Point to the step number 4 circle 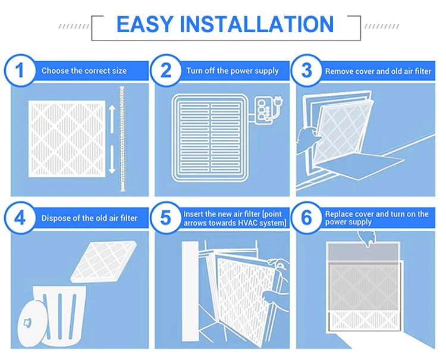click(x=20, y=218)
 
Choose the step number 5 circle click(x=165, y=218)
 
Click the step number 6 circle click(x=307, y=218)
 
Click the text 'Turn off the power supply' click(x=232, y=71)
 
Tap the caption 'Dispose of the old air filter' click(x=89, y=218)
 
